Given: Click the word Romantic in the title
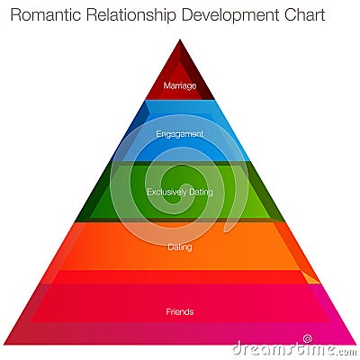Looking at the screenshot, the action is pos(46,15).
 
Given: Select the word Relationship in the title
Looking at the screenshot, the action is pos(130,16).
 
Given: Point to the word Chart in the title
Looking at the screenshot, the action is pos(305,15).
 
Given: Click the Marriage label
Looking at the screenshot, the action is pos(180,85).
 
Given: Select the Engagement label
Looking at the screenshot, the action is pos(180,134).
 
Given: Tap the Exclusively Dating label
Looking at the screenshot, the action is pos(180,192).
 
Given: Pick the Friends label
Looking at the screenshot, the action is pos(180,311).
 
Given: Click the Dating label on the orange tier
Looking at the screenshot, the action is pos(180,247).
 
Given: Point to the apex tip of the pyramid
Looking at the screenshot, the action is pos(180,40).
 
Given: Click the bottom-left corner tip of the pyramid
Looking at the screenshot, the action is pos(4,345).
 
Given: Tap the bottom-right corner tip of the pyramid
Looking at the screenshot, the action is pos(355,345).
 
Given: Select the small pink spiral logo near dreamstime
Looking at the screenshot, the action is pos(307,339).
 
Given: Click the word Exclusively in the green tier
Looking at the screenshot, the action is pos(163,192).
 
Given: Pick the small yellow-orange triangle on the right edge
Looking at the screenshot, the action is pos(311,278).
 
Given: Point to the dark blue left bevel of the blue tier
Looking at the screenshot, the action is pos(132,132).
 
